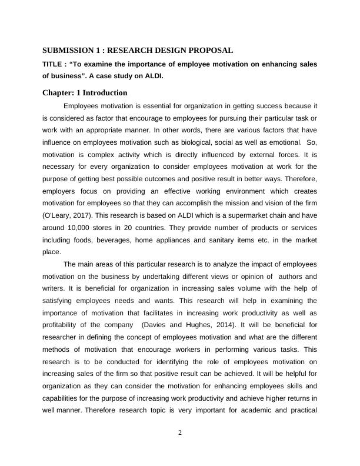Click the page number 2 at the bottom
[180, 434]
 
